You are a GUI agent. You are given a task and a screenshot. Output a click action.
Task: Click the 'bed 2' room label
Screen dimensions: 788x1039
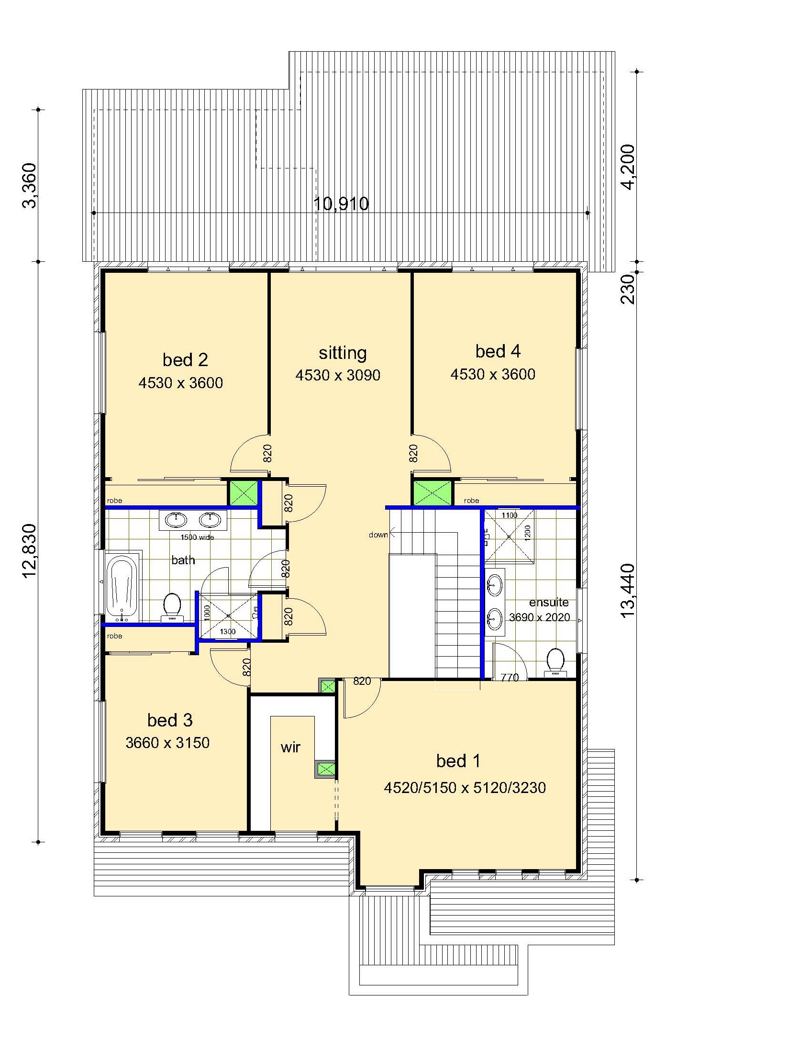coord(185,360)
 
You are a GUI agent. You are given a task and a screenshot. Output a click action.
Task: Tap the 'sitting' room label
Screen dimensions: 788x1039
coord(343,353)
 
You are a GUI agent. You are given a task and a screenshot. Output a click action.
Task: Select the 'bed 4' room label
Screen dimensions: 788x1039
coord(498,351)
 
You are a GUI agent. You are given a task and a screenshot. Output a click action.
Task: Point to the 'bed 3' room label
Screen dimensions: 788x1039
coord(170,720)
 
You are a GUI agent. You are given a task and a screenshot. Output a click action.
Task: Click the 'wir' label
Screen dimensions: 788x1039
coord(290,747)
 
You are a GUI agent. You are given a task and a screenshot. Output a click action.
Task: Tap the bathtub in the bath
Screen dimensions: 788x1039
coord(122,588)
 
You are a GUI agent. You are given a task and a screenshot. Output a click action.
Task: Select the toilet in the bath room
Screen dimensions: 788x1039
coord(172,607)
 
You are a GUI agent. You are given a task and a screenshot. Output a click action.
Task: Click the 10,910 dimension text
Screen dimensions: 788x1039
coord(341,204)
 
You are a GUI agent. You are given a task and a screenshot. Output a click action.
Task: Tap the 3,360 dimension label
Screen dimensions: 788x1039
coord(29,185)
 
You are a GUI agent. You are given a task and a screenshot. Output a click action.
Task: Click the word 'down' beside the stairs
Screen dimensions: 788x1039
coord(378,535)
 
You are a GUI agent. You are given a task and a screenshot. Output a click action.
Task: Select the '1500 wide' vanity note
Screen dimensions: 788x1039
coord(197,537)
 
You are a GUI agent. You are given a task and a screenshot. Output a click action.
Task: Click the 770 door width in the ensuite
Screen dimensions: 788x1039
coord(510,677)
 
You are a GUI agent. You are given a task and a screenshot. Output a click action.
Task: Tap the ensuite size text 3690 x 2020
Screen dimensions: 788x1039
coord(539,617)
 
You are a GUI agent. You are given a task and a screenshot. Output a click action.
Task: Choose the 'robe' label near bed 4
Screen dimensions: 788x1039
coord(471,501)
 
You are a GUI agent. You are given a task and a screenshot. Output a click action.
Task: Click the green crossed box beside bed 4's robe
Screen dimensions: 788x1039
coord(432,493)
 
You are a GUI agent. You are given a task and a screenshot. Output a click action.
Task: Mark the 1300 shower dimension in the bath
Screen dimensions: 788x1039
coord(228,632)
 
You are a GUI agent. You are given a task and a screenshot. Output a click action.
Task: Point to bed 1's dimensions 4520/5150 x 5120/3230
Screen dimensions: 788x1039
coord(465,788)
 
